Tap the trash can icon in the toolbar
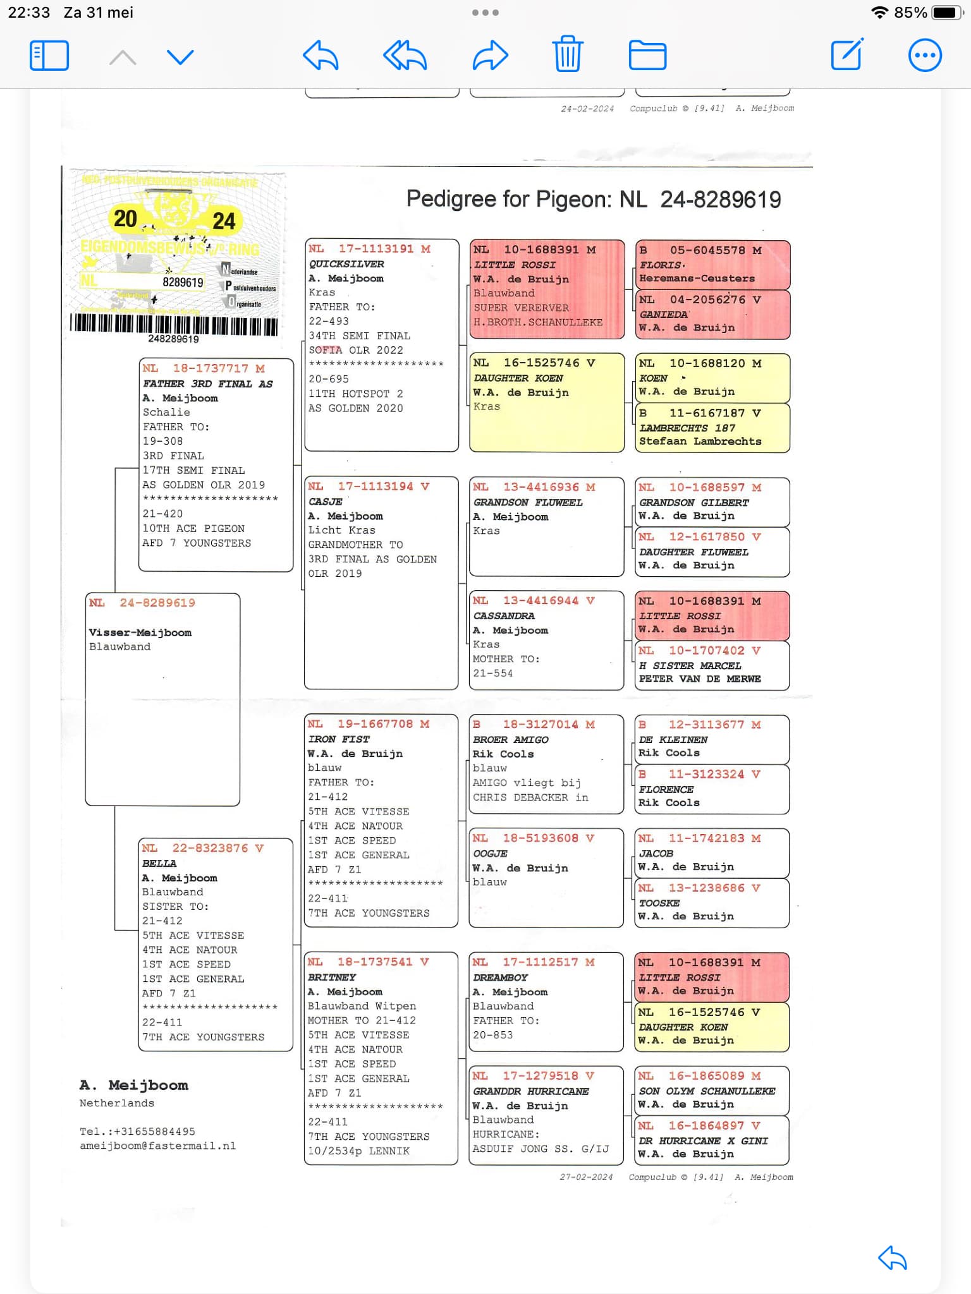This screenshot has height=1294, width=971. [567, 54]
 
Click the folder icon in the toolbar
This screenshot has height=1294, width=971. [647, 55]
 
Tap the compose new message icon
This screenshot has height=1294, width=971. [847, 54]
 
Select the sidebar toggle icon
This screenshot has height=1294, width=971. [49, 56]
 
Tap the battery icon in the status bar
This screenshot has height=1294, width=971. [947, 13]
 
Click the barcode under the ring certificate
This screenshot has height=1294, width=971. [174, 325]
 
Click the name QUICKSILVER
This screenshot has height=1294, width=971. [346, 264]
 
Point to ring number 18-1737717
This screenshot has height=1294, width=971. [211, 368]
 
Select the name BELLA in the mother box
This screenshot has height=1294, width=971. [159, 863]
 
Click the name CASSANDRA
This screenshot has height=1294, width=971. [504, 616]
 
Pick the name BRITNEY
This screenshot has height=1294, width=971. [332, 977]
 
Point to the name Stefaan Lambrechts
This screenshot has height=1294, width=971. [700, 442]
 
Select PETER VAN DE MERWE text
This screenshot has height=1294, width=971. [700, 679]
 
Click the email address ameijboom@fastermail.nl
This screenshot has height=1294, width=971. [157, 1146]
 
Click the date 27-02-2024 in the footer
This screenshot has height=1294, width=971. [586, 1177]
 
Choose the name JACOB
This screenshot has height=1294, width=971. [656, 854]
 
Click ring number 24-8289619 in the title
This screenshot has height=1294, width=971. [721, 200]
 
